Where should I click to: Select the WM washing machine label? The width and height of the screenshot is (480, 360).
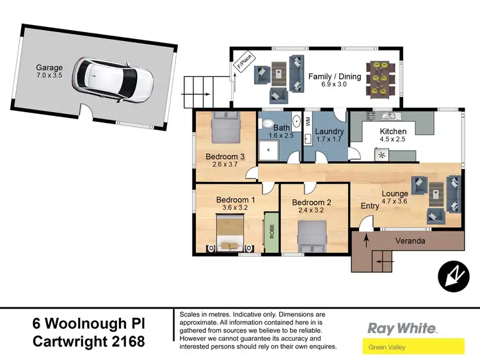(308, 121)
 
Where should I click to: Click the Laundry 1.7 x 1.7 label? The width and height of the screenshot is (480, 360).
(330, 135)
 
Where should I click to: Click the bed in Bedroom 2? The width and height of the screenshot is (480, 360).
(314, 236)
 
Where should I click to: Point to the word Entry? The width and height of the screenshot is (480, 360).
(370, 206)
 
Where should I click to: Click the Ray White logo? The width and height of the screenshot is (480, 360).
(402, 329)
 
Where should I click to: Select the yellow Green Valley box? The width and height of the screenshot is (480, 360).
(413, 348)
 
